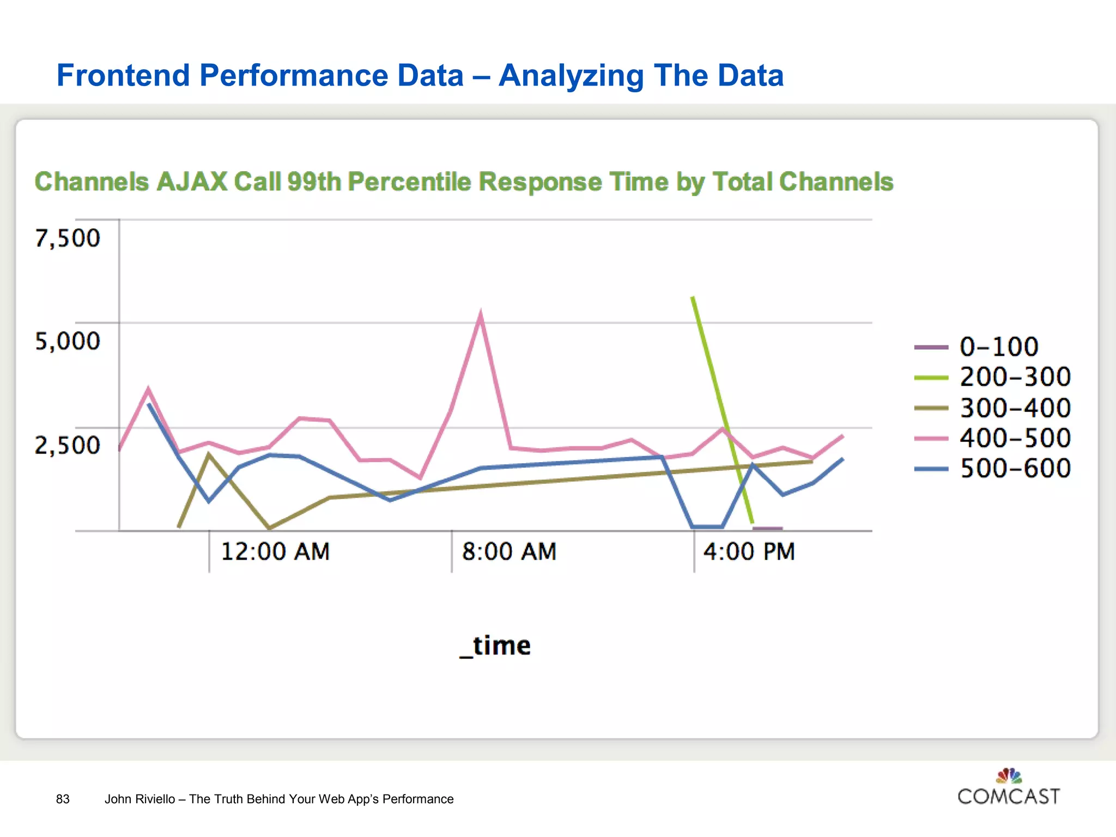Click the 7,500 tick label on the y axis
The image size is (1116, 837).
pos(68,238)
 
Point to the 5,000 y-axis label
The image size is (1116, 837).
pos(68,341)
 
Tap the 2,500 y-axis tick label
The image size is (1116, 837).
pos(68,445)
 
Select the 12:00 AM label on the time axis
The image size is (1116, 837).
pos(275,551)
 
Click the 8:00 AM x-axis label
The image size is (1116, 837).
pos(509,551)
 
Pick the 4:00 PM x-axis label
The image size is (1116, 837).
pos(749,551)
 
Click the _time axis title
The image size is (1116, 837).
pos(495,646)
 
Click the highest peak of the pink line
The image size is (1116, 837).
pos(480,314)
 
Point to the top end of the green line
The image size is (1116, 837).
pos(693,298)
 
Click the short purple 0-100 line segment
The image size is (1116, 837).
pos(767,528)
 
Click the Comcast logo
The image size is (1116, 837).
pos(1009,788)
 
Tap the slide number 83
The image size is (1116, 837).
pos(63,799)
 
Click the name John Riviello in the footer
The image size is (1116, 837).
pos(139,799)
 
